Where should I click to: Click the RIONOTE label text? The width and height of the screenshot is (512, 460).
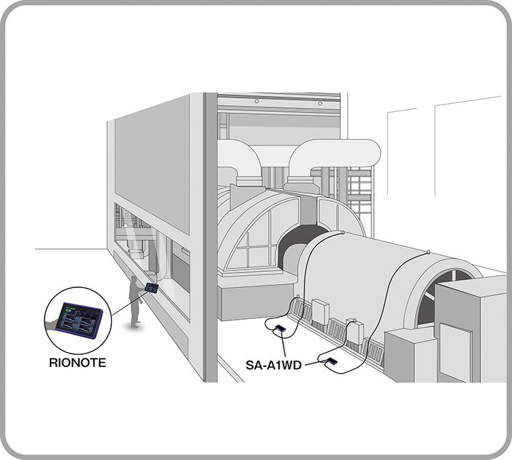pos(77,362)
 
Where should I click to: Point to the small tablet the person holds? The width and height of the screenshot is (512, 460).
pos(152,288)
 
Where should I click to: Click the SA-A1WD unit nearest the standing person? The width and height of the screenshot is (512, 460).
pos(280,328)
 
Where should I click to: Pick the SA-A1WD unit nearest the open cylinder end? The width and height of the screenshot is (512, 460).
pos(331,362)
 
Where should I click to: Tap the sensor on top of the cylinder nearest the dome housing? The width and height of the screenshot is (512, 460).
pos(344,233)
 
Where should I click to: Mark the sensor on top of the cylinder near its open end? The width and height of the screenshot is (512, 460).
pos(428,253)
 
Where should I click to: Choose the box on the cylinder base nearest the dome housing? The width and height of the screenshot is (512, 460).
pos(320,312)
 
